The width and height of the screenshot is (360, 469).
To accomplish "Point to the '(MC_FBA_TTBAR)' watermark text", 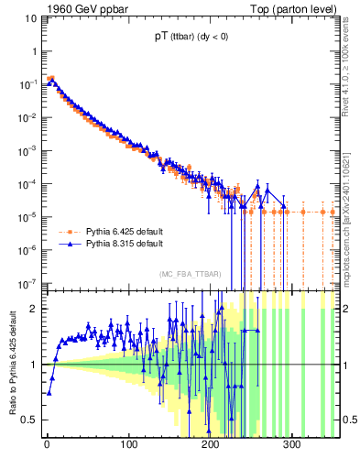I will (x=190, y=275).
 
